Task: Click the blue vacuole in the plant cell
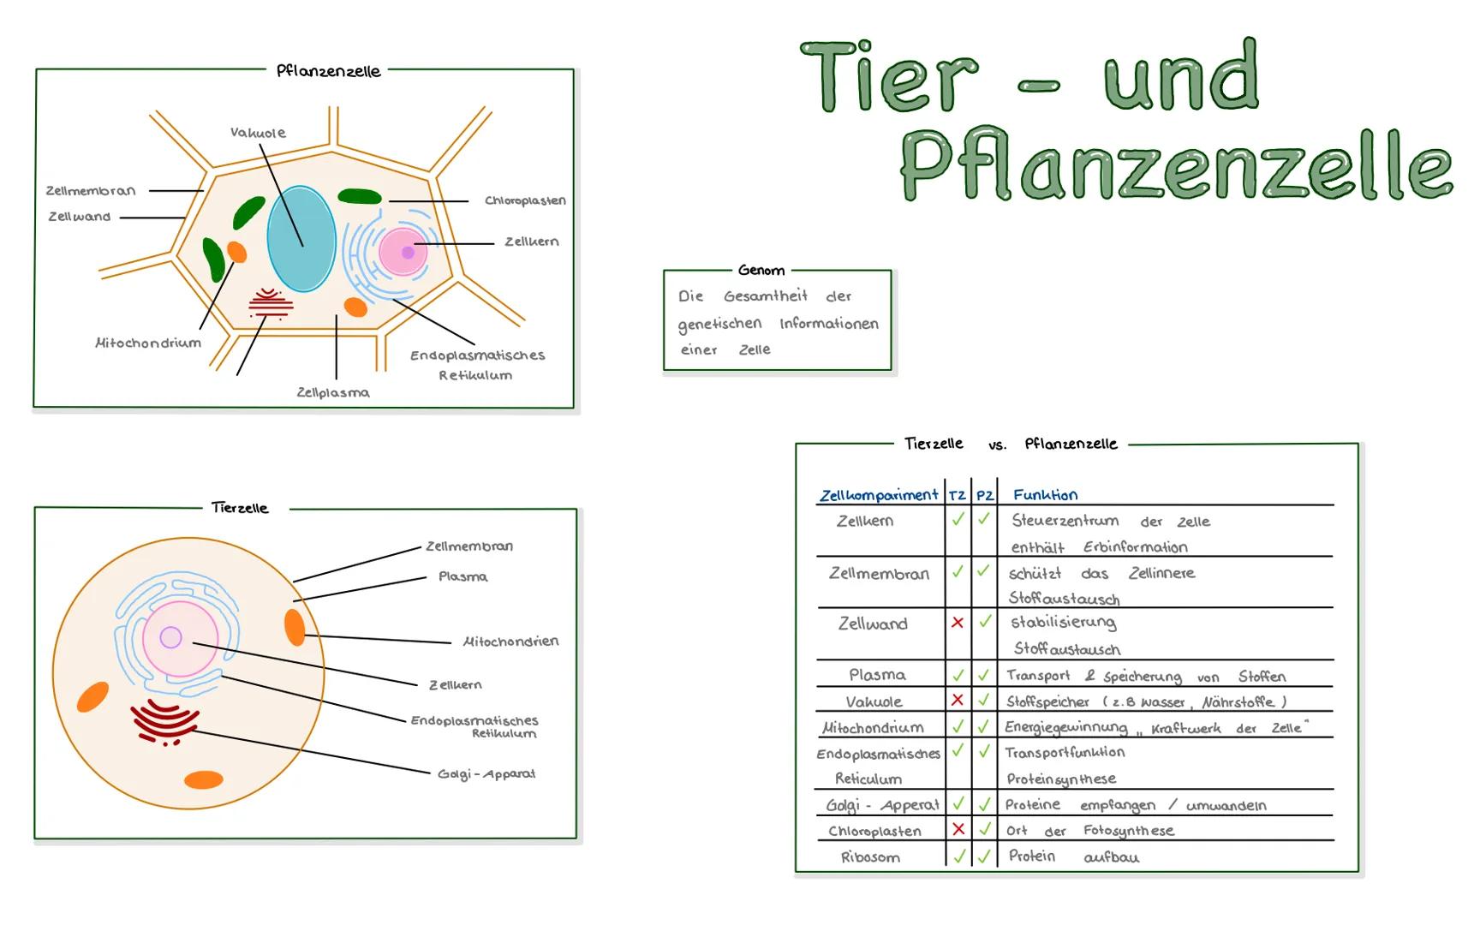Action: (x=301, y=240)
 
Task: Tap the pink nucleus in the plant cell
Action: (x=403, y=252)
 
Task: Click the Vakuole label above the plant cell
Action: (x=258, y=133)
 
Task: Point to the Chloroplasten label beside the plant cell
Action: (x=525, y=200)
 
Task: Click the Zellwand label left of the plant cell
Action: (x=80, y=217)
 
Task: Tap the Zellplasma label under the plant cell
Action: (x=333, y=392)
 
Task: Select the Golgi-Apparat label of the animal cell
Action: (x=486, y=774)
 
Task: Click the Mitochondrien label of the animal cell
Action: (x=510, y=642)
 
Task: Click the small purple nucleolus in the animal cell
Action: (x=170, y=637)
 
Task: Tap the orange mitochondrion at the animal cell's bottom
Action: (x=204, y=779)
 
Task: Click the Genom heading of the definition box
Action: (x=761, y=271)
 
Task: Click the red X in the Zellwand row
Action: (x=958, y=623)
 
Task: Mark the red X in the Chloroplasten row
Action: (x=958, y=829)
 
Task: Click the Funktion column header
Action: (x=1045, y=495)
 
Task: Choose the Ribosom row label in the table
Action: (x=870, y=857)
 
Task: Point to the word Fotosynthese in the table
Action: (x=1128, y=831)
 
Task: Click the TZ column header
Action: (x=957, y=496)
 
